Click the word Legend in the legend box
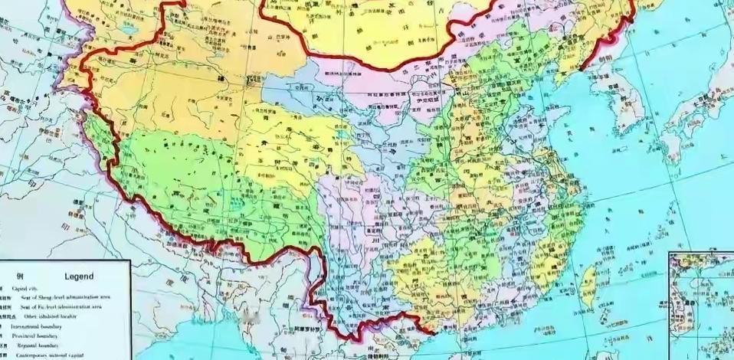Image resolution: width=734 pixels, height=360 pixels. point(79,276)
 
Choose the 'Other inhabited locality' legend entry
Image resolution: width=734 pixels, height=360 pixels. point(45,316)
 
